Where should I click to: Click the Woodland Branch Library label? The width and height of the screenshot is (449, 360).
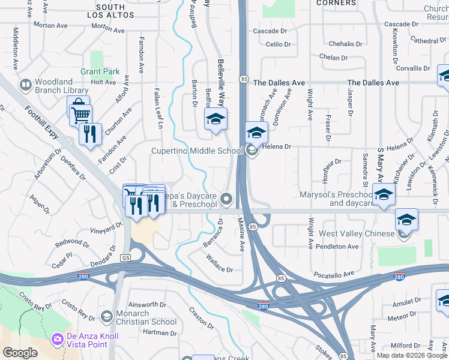55,87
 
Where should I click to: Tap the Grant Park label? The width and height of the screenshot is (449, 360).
100,71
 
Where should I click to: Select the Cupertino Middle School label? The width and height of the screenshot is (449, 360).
196,151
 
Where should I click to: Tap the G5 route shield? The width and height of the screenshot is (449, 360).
125,258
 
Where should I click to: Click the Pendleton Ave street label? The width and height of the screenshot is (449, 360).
338,247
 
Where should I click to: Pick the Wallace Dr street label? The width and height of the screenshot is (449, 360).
219,265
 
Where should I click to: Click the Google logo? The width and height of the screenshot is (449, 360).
20,353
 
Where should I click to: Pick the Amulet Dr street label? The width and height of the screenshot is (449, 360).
406,301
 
